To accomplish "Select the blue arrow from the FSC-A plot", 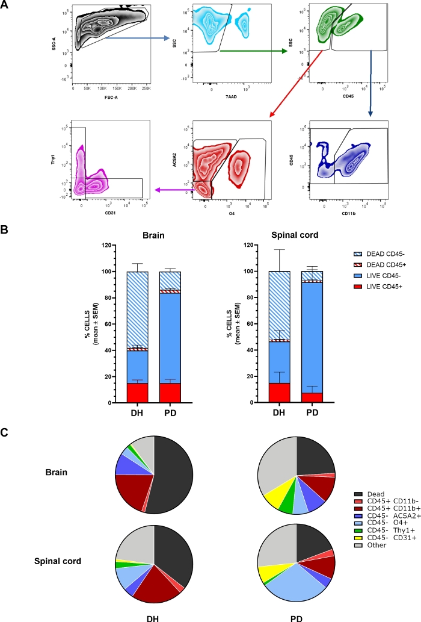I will point(137,38).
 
